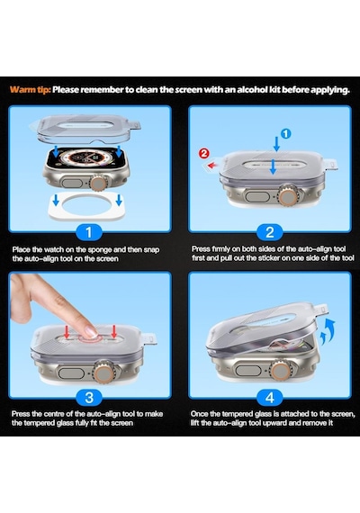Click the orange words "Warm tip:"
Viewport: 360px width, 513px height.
click(x=30, y=89)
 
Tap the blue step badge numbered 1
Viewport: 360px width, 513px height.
click(x=89, y=232)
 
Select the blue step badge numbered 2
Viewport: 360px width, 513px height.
click(x=270, y=232)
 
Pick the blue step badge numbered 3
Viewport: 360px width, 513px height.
click(x=89, y=398)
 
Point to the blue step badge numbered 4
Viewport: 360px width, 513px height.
click(x=270, y=398)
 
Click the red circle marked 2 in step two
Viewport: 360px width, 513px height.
click(x=204, y=153)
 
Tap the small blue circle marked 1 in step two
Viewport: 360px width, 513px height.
click(x=285, y=133)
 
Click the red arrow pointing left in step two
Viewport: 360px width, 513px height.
click(x=212, y=165)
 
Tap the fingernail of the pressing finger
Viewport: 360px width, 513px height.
click(x=91, y=332)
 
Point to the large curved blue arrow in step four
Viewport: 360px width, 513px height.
click(x=329, y=328)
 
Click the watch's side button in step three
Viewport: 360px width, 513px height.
click(x=71, y=373)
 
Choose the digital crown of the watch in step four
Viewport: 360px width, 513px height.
click(x=280, y=371)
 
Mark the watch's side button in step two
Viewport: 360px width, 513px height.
click(x=257, y=197)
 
